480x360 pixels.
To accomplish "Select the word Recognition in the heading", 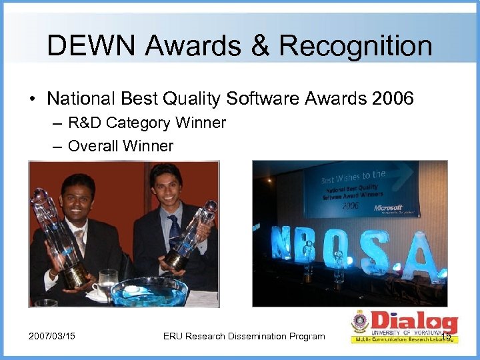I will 355,46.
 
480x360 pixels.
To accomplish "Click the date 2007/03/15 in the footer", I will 52,336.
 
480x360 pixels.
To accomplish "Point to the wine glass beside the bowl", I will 107,280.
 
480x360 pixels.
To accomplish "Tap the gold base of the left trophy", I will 75,274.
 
